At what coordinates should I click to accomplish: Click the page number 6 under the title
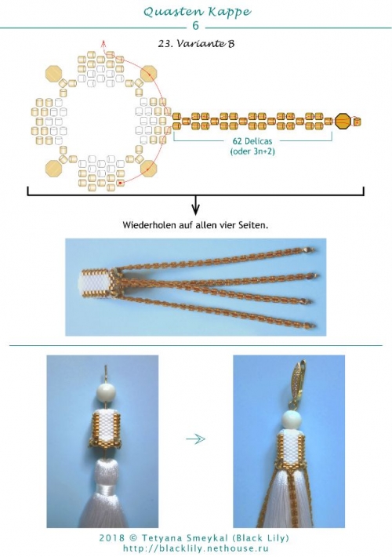195,26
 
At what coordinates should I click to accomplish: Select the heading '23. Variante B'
196,44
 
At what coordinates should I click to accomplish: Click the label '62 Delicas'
252,141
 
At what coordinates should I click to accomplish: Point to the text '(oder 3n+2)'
252,151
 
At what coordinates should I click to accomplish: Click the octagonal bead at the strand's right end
343,122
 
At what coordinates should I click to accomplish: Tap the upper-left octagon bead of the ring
53,74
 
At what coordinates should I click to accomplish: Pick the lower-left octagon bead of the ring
53,168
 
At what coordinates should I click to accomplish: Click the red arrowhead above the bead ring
103,43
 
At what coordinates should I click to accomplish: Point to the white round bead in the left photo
106,393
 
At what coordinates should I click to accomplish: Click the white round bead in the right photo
291,420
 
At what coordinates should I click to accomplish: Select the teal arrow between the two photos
196,439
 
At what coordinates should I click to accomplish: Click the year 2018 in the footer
111,538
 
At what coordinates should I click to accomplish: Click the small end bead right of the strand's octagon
357,122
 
